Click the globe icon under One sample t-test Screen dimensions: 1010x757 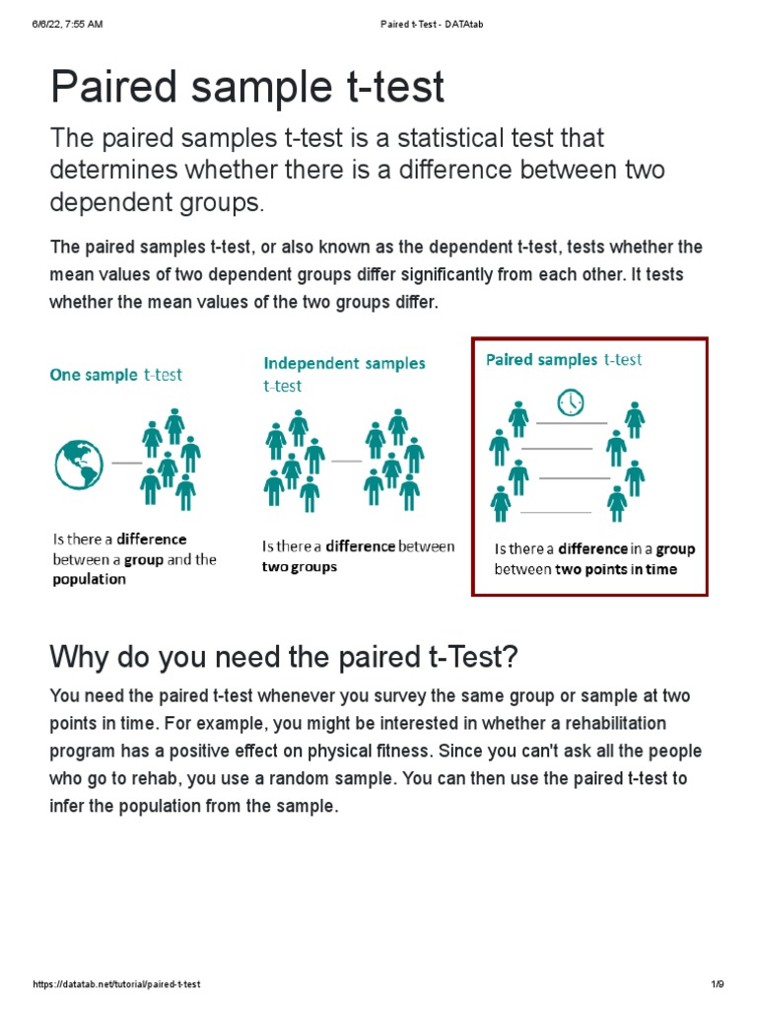79,464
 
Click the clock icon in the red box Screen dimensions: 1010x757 570,402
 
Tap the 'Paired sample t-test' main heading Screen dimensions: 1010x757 247,88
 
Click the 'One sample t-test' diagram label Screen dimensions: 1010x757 116,375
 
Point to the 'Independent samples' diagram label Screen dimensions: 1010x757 344,363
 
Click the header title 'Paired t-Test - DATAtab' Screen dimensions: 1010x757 432,25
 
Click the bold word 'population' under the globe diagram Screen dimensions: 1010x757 90,580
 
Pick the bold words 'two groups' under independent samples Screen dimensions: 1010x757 300,567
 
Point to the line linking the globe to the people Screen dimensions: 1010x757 127,462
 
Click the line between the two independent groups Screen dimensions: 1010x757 346,461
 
